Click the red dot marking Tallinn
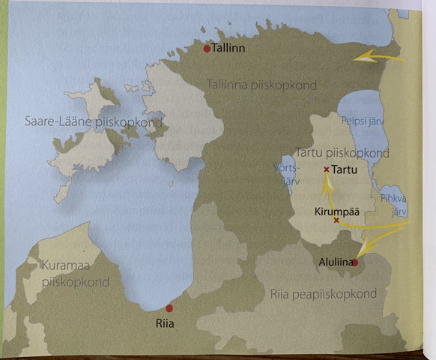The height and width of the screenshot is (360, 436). [x=208, y=49]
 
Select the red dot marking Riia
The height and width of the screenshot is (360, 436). [x=169, y=307]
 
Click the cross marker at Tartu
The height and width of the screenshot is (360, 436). [x=326, y=169]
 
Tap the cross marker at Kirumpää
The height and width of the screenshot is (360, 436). [x=336, y=220]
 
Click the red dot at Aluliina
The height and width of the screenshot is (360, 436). [x=354, y=262]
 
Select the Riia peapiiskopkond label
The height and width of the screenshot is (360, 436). [x=322, y=294]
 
